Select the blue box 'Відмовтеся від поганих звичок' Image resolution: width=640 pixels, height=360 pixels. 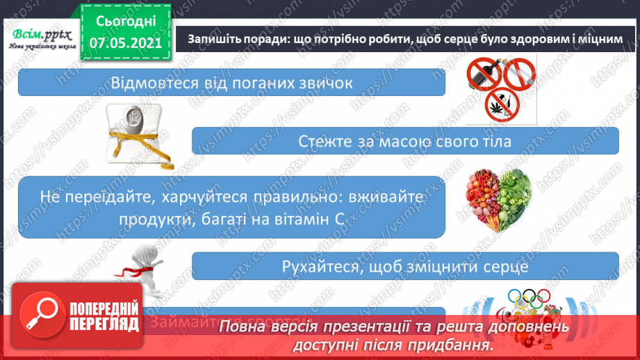click(x=231, y=83)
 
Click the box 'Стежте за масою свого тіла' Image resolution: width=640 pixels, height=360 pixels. click(x=405, y=141)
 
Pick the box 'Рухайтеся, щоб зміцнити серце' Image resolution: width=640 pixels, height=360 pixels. click(x=405, y=266)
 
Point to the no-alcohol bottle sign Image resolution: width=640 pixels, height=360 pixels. click(x=484, y=75)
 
